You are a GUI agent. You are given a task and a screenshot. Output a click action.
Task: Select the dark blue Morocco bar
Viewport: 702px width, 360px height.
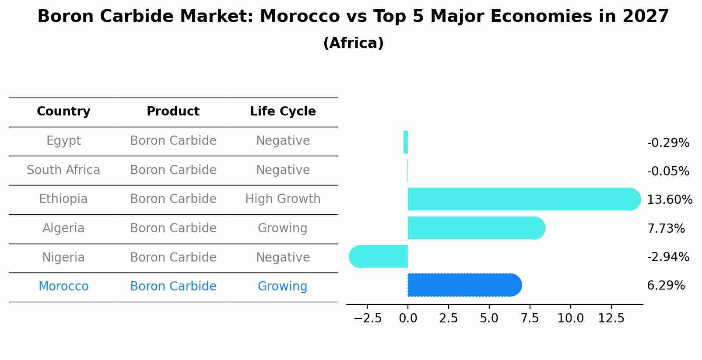tap(464, 285)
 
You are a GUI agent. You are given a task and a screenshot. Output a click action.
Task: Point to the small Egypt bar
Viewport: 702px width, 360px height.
tap(406, 142)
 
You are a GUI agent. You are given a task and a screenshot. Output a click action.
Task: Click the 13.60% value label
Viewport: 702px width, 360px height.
tap(669, 200)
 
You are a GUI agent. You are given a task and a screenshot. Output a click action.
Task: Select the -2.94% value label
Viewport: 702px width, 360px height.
tap(668, 257)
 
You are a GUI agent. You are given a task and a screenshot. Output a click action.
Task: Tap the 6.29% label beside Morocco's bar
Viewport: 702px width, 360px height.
tap(666, 286)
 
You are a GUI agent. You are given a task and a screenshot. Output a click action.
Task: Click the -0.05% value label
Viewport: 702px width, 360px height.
tap(668, 171)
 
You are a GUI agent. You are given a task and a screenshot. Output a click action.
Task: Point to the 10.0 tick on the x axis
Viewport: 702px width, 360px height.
tap(570, 318)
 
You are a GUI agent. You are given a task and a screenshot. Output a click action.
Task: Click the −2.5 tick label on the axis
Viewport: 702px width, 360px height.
tap(368, 318)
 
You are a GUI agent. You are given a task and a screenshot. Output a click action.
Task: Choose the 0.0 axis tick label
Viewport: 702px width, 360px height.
tap(408, 318)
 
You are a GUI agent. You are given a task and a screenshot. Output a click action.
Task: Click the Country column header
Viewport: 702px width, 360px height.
tap(63, 112)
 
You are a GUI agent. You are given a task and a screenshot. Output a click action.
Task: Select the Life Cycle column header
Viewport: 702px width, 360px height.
tap(283, 112)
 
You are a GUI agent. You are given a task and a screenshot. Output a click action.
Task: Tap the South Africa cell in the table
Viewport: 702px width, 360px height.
tap(63, 170)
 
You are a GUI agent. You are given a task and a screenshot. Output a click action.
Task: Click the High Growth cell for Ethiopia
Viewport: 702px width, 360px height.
tap(283, 199)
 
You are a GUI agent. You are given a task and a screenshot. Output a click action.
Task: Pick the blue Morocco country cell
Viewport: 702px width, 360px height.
tap(63, 287)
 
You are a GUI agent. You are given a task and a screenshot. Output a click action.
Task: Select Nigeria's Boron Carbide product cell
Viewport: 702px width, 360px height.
tap(173, 257)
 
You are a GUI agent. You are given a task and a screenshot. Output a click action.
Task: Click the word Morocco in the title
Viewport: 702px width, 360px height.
tap(300, 17)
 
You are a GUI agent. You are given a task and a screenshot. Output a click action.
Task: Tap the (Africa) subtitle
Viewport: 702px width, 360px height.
tap(353, 43)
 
